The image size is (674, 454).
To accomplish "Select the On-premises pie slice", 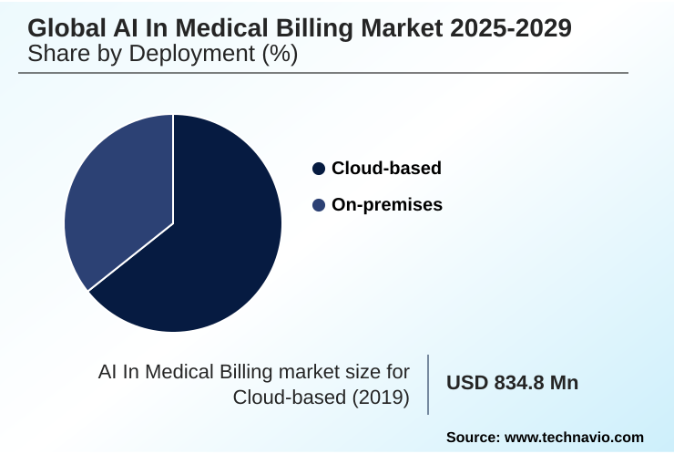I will click(x=114, y=201).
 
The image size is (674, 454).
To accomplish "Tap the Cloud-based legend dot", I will click(x=318, y=169).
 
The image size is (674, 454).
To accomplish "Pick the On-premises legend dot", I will click(x=318, y=205).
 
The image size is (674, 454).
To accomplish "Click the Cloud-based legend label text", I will click(x=386, y=169).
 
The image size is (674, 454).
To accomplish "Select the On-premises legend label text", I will click(x=387, y=205).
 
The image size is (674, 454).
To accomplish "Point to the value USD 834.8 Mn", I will click(x=512, y=383).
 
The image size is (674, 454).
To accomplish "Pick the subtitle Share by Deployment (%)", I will click(x=163, y=54).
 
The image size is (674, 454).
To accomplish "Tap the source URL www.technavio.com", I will click(x=574, y=438).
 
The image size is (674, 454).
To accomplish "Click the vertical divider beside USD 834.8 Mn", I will click(x=428, y=384).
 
